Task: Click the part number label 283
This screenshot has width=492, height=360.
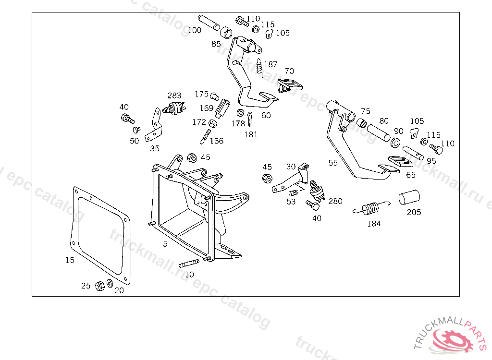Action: [174, 96]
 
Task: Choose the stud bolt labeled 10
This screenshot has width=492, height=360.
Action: [189, 264]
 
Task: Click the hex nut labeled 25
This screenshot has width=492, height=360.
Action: [100, 286]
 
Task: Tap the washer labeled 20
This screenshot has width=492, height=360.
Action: [110, 284]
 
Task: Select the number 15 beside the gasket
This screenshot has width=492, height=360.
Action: [70, 260]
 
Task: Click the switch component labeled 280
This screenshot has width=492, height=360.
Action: [317, 191]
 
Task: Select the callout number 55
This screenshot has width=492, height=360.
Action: [333, 163]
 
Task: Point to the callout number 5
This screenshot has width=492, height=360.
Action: [165, 244]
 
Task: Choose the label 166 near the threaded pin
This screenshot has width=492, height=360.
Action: [217, 141]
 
